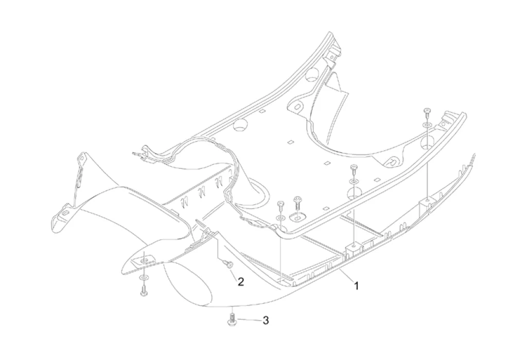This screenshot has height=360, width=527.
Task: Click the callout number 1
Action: coord(356,285)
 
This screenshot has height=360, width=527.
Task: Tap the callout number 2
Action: coord(240,281)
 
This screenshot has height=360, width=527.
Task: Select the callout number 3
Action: coord(266,320)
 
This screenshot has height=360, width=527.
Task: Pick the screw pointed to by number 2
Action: coord(229,264)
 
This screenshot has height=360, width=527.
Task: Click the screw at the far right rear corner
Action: coord(427,111)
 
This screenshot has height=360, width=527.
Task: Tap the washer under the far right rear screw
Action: coord(427,125)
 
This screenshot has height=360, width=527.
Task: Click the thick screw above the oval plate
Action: coord(297,199)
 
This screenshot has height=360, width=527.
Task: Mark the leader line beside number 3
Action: coord(250,320)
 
